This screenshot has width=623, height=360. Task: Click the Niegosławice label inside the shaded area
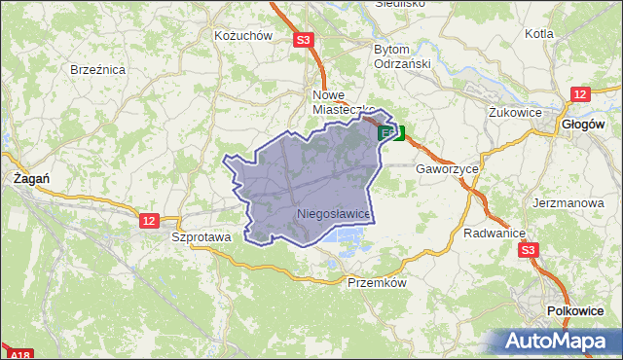333,213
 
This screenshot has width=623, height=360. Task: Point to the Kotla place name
538,33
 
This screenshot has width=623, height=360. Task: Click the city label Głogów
584,125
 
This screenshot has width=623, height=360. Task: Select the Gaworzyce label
447,168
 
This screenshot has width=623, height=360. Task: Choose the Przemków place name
375,283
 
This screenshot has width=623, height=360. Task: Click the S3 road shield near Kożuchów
304,40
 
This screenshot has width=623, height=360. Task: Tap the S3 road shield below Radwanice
528,250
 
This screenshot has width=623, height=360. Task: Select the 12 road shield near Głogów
580,93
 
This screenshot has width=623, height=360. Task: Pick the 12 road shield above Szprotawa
148,221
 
